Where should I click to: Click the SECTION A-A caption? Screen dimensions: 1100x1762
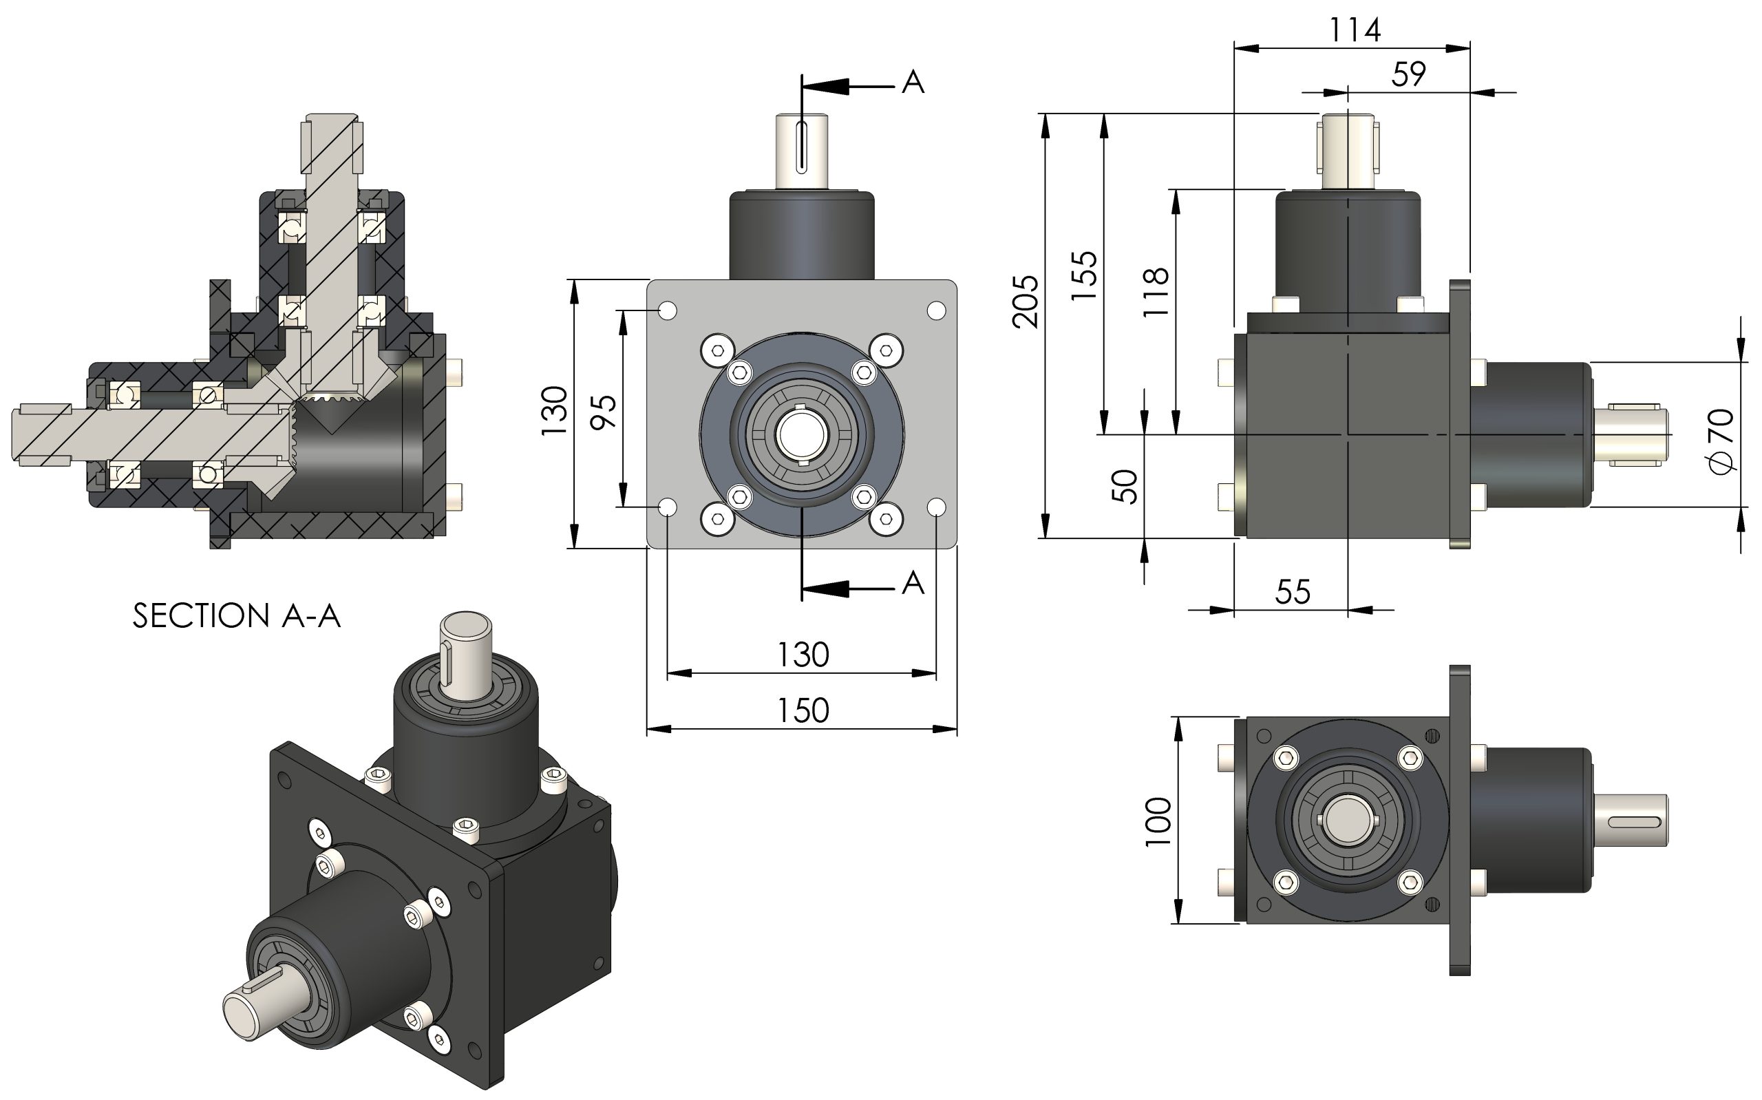click(236, 616)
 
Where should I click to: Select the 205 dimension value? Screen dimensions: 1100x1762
click(1026, 302)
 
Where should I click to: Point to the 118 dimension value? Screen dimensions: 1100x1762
click(1156, 292)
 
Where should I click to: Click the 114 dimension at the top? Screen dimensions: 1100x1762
click(1354, 30)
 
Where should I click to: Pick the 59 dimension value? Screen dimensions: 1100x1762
click(1409, 74)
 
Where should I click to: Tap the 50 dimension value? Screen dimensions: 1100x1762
click(1124, 486)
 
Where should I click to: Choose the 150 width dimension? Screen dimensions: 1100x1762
click(803, 711)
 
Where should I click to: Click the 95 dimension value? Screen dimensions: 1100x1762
click(604, 412)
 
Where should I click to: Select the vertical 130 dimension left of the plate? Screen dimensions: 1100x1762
click(554, 411)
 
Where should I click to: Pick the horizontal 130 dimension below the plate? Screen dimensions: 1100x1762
click(803, 655)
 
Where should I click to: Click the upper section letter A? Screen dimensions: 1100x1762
click(913, 82)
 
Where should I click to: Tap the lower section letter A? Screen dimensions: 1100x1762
click(913, 583)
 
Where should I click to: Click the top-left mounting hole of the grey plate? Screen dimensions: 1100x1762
click(668, 311)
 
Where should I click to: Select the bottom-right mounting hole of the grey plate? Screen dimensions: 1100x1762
click(937, 507)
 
